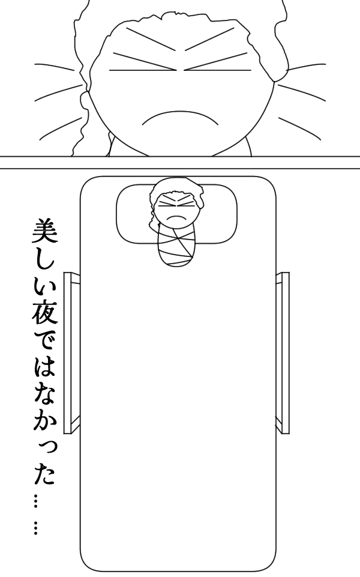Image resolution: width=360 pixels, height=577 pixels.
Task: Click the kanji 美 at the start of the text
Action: tap(43, 229)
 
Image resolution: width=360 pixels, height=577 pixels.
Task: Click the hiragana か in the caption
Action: tap(43, 423)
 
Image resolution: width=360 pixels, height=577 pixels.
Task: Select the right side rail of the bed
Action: tap(283, 352)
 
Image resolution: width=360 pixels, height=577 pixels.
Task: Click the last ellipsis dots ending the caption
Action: tap(36, 528)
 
